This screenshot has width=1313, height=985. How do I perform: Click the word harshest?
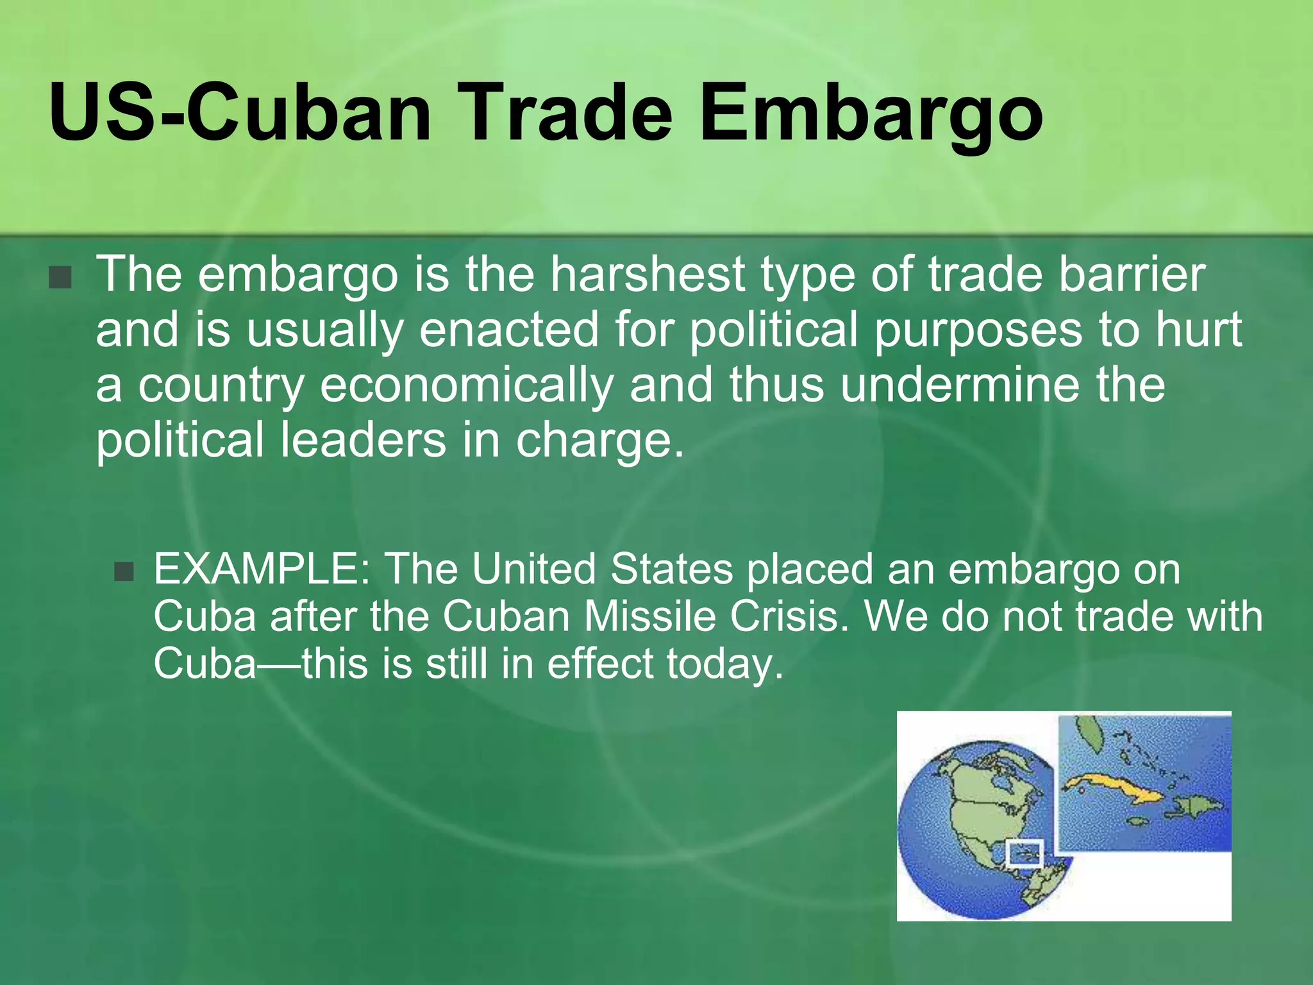point(648,274)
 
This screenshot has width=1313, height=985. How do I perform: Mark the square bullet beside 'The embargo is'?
point(60,277)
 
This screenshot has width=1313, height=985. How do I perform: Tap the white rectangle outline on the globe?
point(1024,854)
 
